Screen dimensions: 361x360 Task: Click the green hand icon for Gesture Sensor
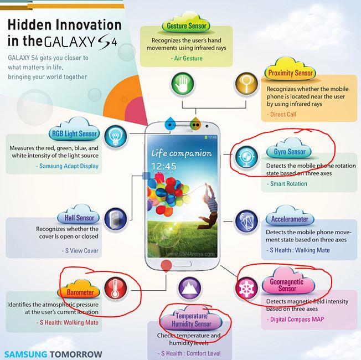(182, 84)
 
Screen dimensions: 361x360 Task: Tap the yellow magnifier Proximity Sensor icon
(246, 84)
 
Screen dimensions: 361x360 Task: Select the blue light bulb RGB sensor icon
(115, 136)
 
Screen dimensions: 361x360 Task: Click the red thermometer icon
(115, 289)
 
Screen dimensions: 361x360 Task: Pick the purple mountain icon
(189, 289)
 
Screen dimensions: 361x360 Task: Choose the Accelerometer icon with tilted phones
(246, 222)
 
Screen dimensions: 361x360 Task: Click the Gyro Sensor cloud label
(289, 149)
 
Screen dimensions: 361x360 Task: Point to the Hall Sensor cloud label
(79, 215)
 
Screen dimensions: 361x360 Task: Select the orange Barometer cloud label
(79, 290)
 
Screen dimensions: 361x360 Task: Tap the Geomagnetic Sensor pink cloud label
(288, 281)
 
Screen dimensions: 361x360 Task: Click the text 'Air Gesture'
(187, 58)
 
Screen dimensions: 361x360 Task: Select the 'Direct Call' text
(281, 115)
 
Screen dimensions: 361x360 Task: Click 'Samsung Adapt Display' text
(67, 166)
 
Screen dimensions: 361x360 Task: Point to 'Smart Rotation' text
(287, 184)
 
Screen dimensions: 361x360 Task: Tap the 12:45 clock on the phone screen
(164, 166)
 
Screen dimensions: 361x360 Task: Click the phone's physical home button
(183, 264)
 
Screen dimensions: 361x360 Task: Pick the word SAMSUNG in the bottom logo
(25, 354)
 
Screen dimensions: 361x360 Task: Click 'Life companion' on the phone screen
(182, 153)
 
